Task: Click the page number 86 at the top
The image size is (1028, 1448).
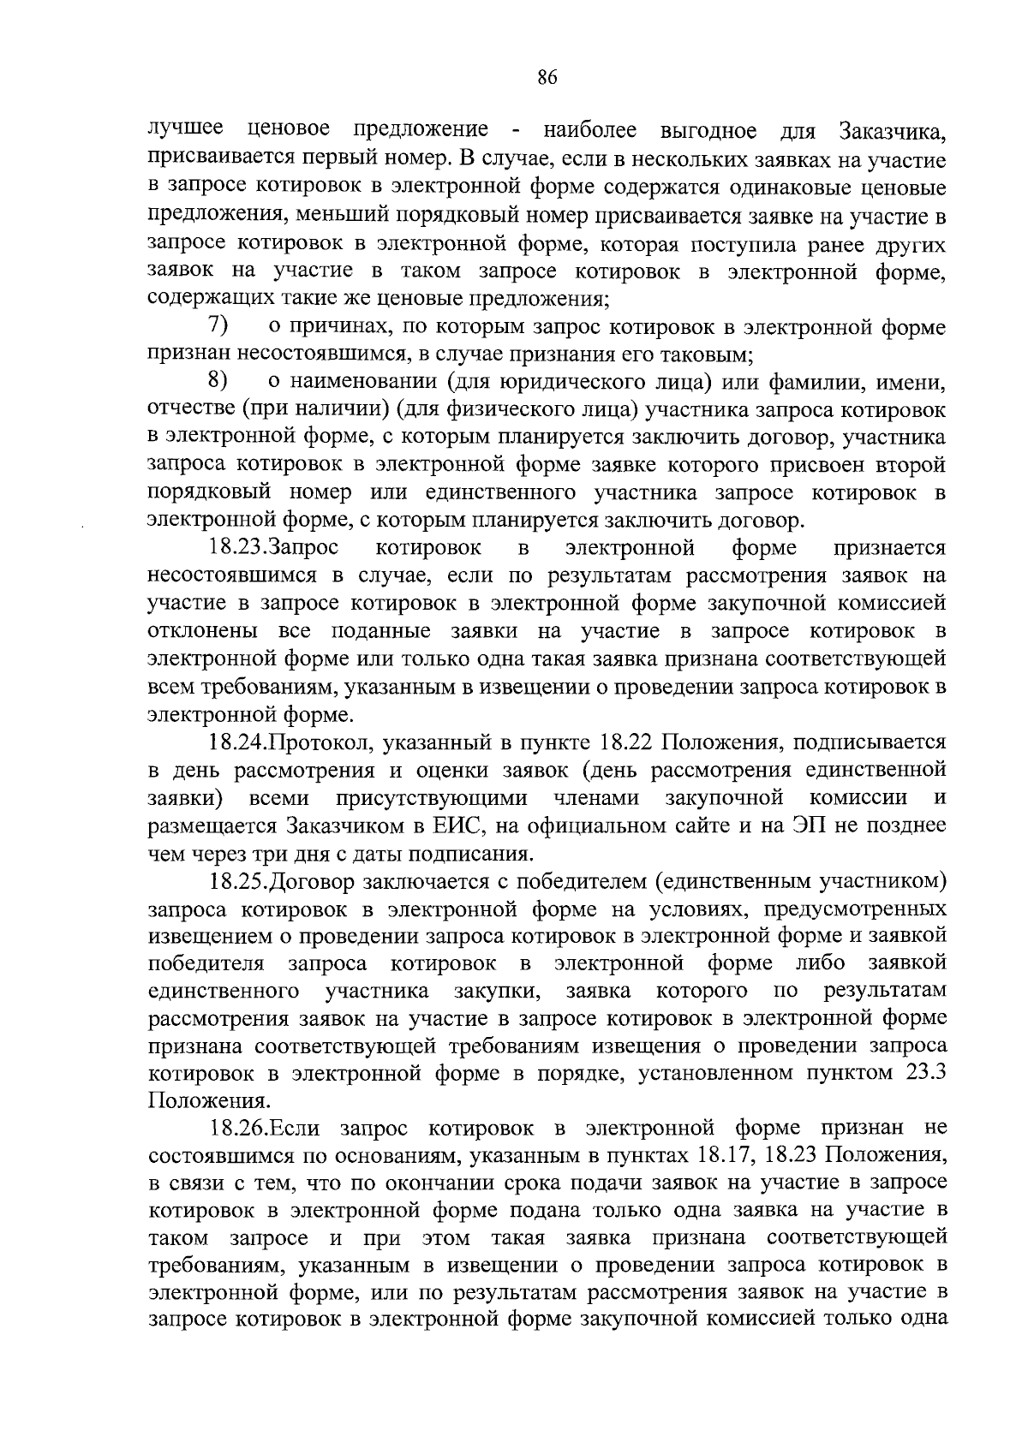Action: (547, 78)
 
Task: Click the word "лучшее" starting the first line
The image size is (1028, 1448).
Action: (186, 129)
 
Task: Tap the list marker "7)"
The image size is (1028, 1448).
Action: (218, 326)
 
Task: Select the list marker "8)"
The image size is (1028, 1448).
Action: (218, 381)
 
